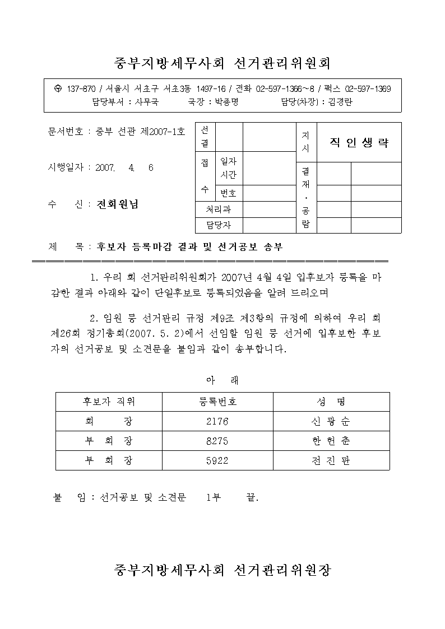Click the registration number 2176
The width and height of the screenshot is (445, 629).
[217, 421]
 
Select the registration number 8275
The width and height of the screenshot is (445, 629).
[217, 441]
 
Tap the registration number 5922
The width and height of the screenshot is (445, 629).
[217, 460]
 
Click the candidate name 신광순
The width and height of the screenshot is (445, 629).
[331, 421]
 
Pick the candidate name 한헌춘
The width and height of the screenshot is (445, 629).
[331, 441]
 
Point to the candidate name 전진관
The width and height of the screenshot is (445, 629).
[331, 460]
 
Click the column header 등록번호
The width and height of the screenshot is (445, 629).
[217, 402]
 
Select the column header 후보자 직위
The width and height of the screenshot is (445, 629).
[109, 402]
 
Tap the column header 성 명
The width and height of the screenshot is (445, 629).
[331, 402]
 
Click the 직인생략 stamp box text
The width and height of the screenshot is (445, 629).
[359, 142]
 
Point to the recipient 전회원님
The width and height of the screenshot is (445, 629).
[118, 204]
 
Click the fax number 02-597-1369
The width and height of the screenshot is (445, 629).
[368, 89]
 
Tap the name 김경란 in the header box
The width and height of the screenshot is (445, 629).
[340, 102]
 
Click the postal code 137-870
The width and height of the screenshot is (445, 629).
[81, 89]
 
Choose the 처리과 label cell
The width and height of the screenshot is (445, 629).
[219, 209]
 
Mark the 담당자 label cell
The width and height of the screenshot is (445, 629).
[219, 225]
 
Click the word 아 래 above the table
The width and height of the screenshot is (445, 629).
[222, 380]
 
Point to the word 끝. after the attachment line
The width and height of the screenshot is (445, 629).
[252, 497]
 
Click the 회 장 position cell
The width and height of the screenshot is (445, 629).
[109, 421]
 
